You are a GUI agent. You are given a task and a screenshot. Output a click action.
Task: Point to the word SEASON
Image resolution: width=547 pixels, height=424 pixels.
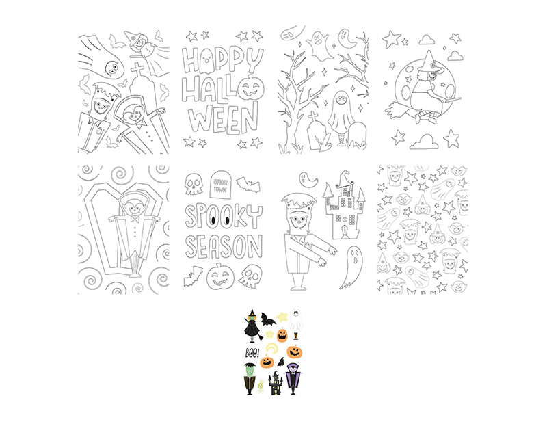coord(223,246)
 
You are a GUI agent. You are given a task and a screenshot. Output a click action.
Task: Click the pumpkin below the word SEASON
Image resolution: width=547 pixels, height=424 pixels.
coord(219,277)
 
